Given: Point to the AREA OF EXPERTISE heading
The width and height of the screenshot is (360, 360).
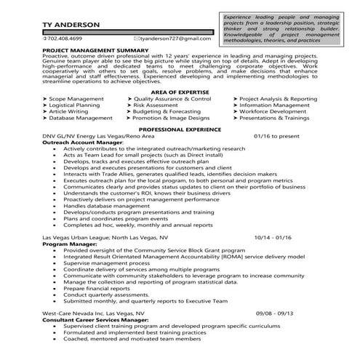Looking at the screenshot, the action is click(x=179, y=92).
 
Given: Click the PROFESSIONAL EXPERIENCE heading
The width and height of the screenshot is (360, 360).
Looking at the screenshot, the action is click(x=179, y=127).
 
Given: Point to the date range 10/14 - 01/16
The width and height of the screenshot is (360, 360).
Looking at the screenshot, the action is click(x=273, y=237).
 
